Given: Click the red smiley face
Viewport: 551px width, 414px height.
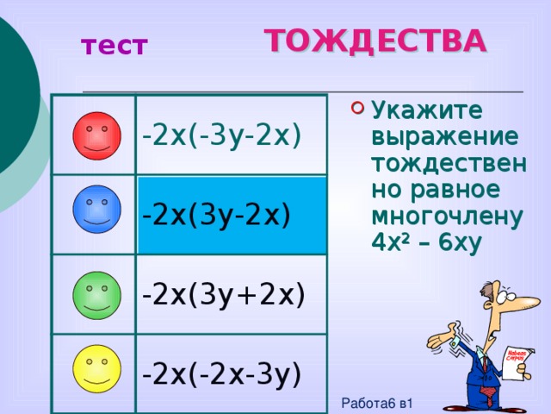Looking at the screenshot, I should (x=96, y=135).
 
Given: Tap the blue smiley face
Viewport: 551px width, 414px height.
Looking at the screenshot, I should (x=96, y=210).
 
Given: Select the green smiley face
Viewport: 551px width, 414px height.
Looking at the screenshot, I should (x=96, y=292).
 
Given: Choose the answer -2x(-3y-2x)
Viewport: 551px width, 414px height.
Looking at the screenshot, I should (x=221, y=136).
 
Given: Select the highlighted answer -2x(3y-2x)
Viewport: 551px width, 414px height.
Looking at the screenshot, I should (x=216, y=213).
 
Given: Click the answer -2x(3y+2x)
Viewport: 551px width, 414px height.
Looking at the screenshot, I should (x=224, y=295).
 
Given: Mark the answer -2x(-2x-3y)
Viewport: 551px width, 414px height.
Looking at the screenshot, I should (x=221, y=374).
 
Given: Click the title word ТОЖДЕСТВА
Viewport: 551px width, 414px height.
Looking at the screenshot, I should (x=375, y=41).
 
